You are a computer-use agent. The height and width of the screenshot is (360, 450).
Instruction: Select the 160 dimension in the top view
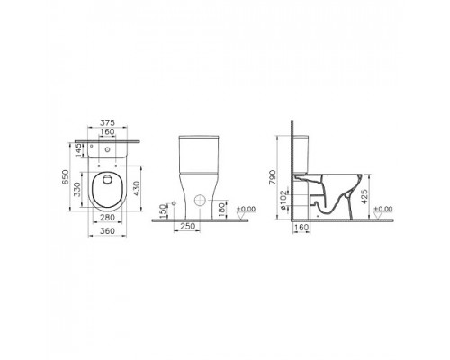[108, 134]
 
